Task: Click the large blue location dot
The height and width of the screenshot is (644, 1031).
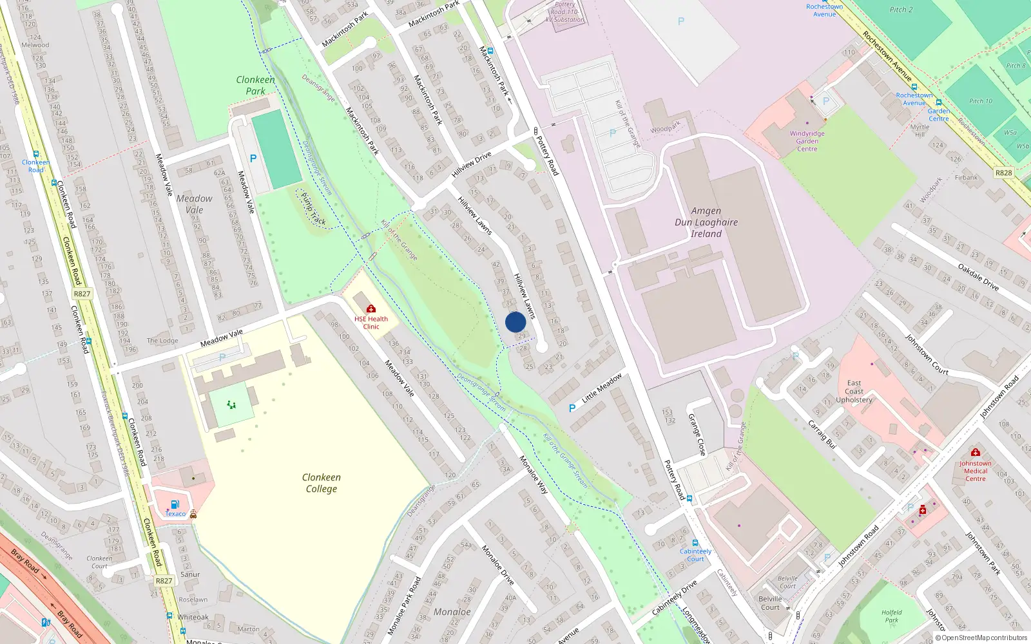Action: [515, 322]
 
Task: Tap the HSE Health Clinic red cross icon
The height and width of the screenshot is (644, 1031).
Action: [371, 309]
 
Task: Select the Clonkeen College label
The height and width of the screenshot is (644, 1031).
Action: [322, 483]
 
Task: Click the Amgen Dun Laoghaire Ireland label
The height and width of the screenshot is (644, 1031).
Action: [706, 222]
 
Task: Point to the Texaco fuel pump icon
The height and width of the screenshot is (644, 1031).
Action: [175, 505]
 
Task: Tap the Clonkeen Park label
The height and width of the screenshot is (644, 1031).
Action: [255, 85]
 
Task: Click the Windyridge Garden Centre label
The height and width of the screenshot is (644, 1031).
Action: [807, 141]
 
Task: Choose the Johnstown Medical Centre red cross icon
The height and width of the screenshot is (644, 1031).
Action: [976, 453]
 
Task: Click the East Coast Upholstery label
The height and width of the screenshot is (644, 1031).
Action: [854, 392]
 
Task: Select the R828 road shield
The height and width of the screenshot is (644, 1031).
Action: [1003, 173]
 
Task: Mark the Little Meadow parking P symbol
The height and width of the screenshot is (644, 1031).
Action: [572, 408]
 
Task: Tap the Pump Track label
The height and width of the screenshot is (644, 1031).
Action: [314, 209]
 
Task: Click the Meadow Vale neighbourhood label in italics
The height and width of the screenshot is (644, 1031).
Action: [194, 204]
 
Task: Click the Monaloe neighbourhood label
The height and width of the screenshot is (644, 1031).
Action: [452, 612]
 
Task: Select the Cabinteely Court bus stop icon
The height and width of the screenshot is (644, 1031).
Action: [695, 543]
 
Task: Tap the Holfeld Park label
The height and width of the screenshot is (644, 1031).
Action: [892, 616]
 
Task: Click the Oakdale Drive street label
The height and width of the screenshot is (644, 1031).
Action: [978, 277]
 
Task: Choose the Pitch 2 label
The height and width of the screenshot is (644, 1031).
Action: [901, 10]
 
